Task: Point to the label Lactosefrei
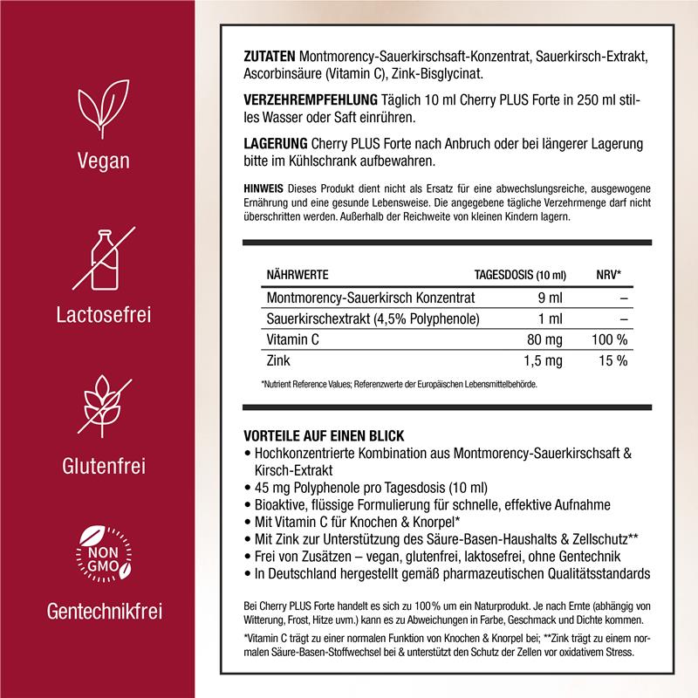tap(102, 312)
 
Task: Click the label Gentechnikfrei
tap(102, 608)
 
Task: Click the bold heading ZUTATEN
tap(270, 57)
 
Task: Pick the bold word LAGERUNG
tap(275, 142)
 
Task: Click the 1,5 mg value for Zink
tap(547, 360)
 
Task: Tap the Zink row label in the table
tap(279, 360)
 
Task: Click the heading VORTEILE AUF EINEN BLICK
tap(331, 435)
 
